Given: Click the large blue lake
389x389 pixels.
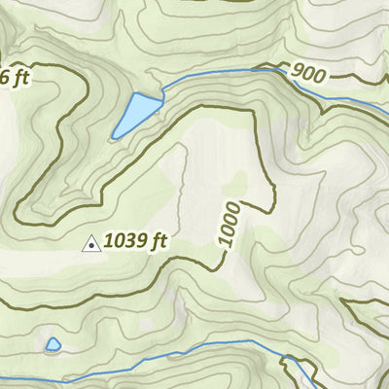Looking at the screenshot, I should click(135, 114).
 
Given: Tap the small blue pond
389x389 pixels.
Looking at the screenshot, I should click(53, 344).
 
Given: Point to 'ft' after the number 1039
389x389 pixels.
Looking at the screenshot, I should click(159, 241).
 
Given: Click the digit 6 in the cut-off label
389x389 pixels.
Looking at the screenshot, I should click(3, 75).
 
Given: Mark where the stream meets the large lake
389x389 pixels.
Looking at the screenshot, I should click(159, 93).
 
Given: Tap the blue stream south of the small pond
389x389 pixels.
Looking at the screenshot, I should click(58, 372).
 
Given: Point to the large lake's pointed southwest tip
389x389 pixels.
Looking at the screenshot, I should click(115, 135).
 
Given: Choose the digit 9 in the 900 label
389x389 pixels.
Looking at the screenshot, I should click(297, 71).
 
